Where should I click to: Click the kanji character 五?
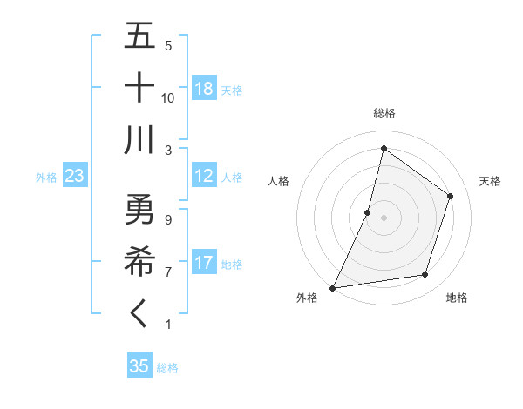(x=139, y=36)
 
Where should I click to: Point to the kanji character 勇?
(x=139, y=210)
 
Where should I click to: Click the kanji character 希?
(x=139, y=261)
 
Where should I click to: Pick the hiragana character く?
(x=139, y=314)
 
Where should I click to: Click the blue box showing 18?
(x=204, y=89)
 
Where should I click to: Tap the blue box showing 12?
(x=204, y=176)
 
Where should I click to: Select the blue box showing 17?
(x=204, y=263)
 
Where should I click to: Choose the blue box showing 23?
(x=74, y=176)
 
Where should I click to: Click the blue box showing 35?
(x=139, y=366)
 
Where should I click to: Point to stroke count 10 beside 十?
(x=168, y=97)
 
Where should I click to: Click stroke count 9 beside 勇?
(x=167, y=220)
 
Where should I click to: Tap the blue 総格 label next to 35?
(x=167, y=368)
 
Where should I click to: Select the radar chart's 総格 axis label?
(x=384, y=113)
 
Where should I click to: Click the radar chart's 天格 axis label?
(x=490, y=181)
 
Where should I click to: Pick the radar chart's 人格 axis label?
(x=278, y=181)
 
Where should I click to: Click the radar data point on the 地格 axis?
(x=425, y=275)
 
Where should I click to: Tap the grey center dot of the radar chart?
(x=384, y=218)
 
